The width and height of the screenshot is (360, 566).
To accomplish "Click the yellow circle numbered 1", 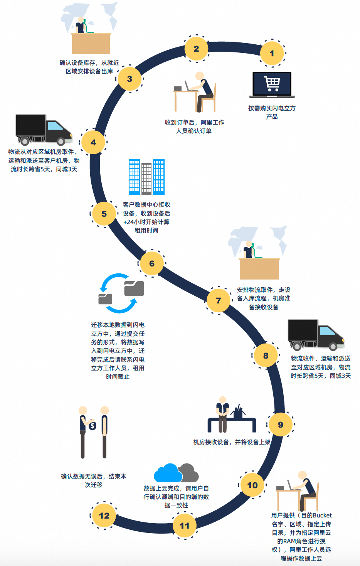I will (272, 53).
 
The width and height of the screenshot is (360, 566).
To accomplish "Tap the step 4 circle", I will (93, 142).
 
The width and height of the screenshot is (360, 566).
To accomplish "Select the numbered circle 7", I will (219, 300).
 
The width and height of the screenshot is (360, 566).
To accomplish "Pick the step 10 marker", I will (252, 485).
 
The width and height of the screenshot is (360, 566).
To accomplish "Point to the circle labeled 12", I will (104, 515).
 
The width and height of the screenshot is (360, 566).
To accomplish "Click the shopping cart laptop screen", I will (272, 83).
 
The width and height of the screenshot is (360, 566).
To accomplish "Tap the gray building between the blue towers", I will (146, 179).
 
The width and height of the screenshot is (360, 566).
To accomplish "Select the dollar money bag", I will (92, 426).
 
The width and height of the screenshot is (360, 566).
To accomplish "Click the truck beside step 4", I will (44, 130).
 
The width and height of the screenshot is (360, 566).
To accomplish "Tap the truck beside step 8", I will (316, 334).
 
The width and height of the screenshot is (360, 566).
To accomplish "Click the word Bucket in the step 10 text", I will (322, 515).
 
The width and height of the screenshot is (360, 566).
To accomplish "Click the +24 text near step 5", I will (129, 222).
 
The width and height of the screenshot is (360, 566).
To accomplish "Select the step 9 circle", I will (281, 424).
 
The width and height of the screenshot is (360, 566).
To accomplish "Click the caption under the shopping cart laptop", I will (272, 112).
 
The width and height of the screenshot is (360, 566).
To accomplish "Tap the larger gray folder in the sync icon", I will (134, 288).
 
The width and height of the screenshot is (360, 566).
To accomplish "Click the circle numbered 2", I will (196, 49).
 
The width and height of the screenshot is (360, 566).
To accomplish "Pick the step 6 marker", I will (152, 263).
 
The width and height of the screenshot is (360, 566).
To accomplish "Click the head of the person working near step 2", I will (199, 76).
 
